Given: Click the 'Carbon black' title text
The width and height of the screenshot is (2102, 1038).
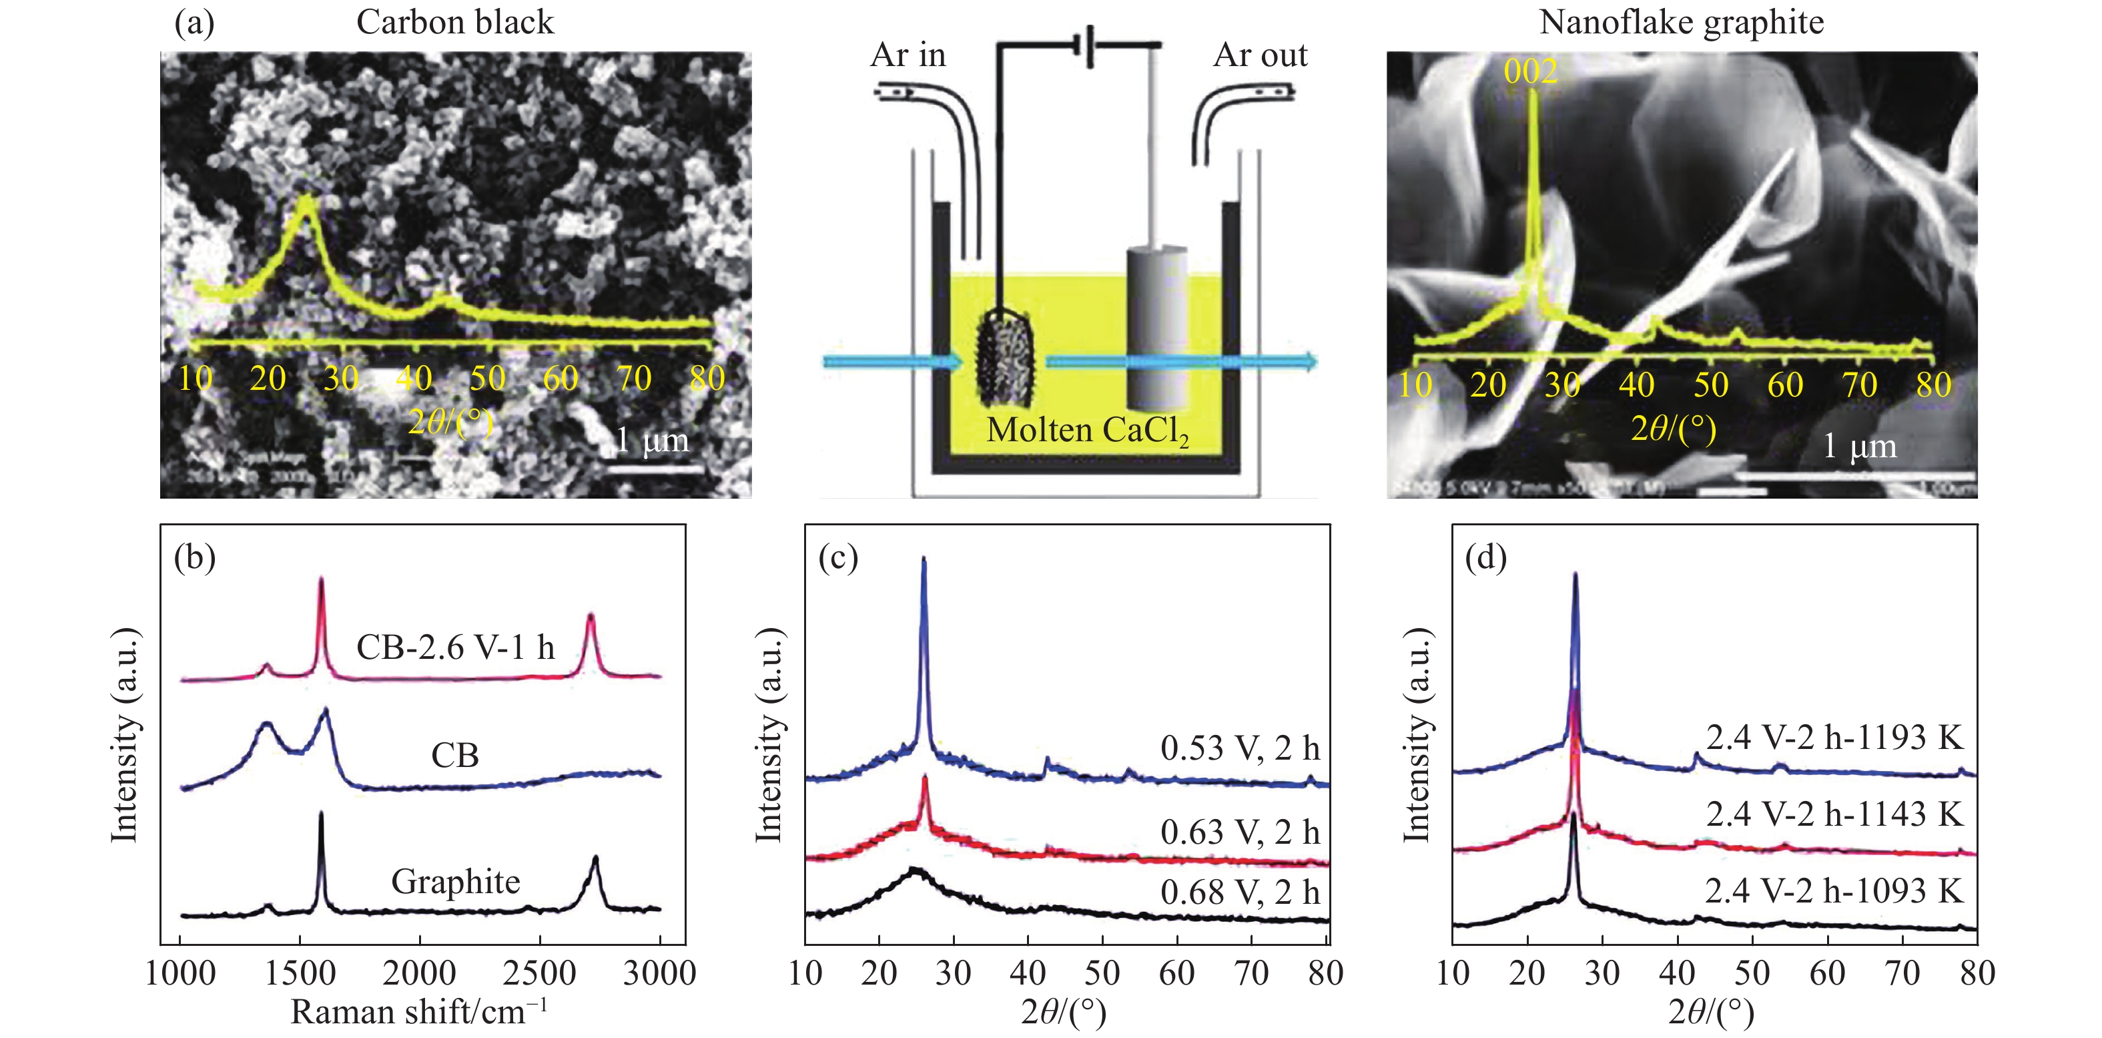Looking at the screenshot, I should pyautogui.click(x=454, y=22).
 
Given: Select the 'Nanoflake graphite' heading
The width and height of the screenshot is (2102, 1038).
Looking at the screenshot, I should pyautogui.click(x=1681, y=22).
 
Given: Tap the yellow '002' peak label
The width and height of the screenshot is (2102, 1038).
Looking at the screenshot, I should pyautogui.click(x=1530, y=72).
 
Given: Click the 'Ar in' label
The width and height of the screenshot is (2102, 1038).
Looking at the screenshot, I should pyautogui.click(x=908, y=55).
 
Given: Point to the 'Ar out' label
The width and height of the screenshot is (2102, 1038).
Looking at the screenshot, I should pyautogui.click(x=1260, y=55).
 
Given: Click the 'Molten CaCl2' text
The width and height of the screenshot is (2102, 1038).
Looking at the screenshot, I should pyautogui.click(x=1087, y=430).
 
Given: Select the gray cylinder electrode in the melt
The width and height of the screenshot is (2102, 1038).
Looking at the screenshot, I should pyautogui.click(x=1156, y=326).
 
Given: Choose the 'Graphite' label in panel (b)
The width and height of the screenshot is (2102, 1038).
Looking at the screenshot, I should pyautogui.click(x=455, y=881).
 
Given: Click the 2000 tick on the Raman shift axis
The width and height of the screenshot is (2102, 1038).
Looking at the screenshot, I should pyautogui.click(x=420, y=973).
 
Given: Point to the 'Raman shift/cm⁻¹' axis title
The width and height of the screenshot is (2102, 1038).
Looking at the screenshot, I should pyautogui.click(x=418, y=1012).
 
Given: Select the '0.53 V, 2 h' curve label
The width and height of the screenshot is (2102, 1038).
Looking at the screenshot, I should pyautogui.click(x=1239, y=748).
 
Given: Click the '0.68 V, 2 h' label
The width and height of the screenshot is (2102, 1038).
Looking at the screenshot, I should pyautogui.click(x=1239, y=892).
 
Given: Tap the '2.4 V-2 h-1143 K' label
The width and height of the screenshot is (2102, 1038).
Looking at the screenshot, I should pyautogui.click(x=1834, y=814).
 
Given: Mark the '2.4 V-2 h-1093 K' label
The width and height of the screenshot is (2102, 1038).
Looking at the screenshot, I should pyautogui.click(x=1834, y=890).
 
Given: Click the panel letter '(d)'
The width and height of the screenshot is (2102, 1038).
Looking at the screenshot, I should pyautogui.click(x=1485, y=557).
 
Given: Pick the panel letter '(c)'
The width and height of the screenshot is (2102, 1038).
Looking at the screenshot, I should pyautogui.click(x=838, y=557).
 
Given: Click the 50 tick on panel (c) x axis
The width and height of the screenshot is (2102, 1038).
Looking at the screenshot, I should pyautogui.click(x=1102, y=973).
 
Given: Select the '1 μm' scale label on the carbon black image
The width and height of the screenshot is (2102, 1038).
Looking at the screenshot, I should pyautogui.click(x=651, y=441).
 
